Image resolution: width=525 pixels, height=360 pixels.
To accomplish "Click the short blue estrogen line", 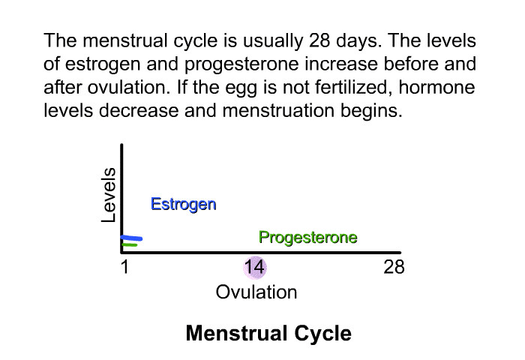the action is click(132, 238).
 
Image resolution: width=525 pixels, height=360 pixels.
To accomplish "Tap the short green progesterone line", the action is click(130, 244).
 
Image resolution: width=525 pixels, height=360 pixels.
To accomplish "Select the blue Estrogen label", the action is click(184, 204).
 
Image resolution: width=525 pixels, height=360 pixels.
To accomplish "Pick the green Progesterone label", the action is click(308, 238).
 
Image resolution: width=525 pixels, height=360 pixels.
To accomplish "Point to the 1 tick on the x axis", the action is click(125, 267).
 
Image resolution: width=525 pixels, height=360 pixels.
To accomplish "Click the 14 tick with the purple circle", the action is click(254, 267).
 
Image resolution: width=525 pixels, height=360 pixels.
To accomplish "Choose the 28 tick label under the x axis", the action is click(394, 267).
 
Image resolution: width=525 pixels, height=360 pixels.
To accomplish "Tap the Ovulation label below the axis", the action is click(256, 292).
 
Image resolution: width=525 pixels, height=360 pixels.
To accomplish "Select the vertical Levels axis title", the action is click(109, 195).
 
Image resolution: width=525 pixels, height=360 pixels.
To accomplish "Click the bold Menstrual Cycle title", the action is click(268, 333).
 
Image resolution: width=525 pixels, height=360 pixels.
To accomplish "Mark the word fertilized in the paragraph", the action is click(353, 87).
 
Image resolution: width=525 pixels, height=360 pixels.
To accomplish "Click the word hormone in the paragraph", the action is click(437, 87).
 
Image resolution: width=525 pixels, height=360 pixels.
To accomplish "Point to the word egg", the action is click(241, 89).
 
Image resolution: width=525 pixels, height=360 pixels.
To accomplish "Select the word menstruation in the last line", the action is click(278, 110).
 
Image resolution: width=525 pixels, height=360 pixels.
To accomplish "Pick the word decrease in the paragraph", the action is click(139, 110).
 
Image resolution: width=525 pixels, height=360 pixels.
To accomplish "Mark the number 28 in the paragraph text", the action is click(319, 40).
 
